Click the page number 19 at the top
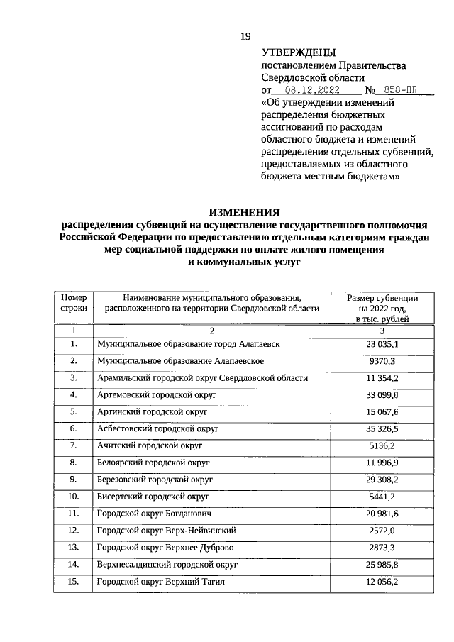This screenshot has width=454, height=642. [x=246, y=36]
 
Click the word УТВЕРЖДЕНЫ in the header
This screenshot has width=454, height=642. [x=299, y=52]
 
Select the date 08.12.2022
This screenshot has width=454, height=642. [x=312, y=90]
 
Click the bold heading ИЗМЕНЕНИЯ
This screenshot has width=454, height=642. [x=244, y=211]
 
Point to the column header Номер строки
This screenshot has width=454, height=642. [x=73, y=303]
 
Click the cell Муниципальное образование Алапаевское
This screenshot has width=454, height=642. [x=181, y=360]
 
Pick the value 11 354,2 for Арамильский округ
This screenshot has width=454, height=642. [x=382, y=377]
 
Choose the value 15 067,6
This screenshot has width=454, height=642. [x=382, y=412]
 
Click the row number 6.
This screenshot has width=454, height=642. [x=73, y=429]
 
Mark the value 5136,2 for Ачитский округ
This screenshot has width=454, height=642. [x=382, y=446]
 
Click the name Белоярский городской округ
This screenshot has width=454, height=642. [x=154, y=463]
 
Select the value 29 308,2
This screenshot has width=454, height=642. [x=382, y=480]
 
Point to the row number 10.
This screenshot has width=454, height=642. [x=73, y=497]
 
